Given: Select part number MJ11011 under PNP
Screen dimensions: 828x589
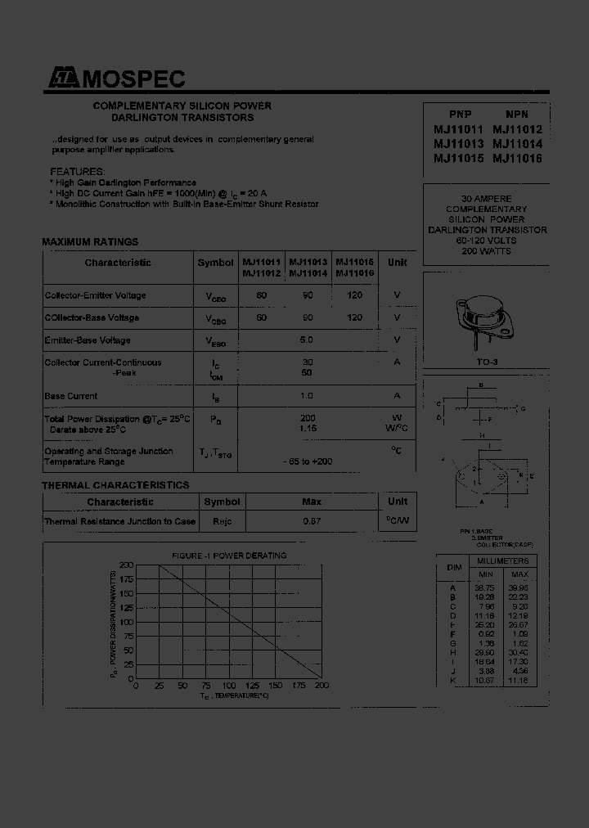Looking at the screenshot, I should point(459,129).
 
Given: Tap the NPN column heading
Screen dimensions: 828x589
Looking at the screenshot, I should point(517,115).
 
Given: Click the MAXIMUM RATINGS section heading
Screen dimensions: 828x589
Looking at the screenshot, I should point(90,242).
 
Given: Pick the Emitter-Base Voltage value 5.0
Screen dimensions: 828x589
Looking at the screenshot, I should point(307,340).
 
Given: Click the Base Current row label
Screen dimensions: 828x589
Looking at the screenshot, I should point(71,396).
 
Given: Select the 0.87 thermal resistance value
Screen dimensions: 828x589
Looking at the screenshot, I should point(312,521).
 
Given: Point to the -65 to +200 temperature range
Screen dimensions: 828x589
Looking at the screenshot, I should point(308,462).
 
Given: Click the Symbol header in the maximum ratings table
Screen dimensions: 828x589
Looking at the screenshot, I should point(215,263).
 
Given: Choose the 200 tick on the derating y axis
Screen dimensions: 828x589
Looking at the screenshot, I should point(126,565).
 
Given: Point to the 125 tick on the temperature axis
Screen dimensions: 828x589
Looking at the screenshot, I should point(254,686).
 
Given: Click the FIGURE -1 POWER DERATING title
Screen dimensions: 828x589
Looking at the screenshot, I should point(228,556).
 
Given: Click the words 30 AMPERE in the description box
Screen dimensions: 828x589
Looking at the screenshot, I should point(486,199).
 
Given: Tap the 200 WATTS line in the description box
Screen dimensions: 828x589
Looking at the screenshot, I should point(486,251).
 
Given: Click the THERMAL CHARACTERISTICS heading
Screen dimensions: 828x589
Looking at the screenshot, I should point(115,485).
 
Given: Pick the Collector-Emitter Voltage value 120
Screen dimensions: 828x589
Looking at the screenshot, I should point(354,295).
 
